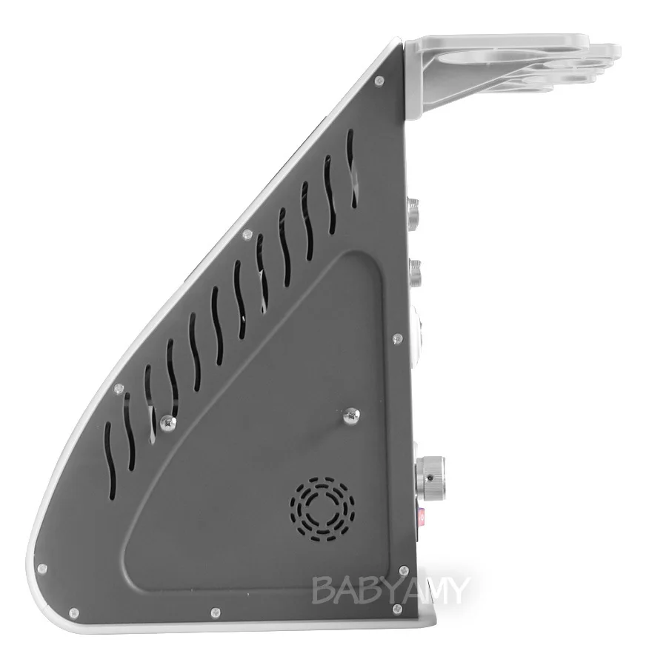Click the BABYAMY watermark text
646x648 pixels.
390,590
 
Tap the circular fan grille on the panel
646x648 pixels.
322,509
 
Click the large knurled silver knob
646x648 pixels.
430,477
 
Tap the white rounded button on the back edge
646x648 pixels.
417,330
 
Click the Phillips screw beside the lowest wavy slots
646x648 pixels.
168,423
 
